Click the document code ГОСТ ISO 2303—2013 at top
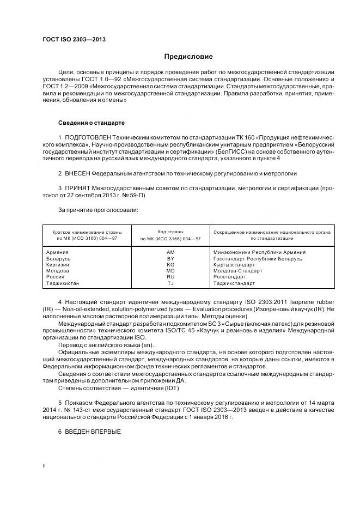click(x=74, y=40)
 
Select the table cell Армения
click(x=57, y=252)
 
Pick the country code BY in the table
click(x=170, y=258)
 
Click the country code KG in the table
click(x=170, y=264)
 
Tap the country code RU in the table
click(x=170, y=277)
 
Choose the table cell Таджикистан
click(x=63, y=283)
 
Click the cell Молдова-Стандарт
click(x=237, y=271)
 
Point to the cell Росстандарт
click(x=229, y=277)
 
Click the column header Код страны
click(x=170, y=232)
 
